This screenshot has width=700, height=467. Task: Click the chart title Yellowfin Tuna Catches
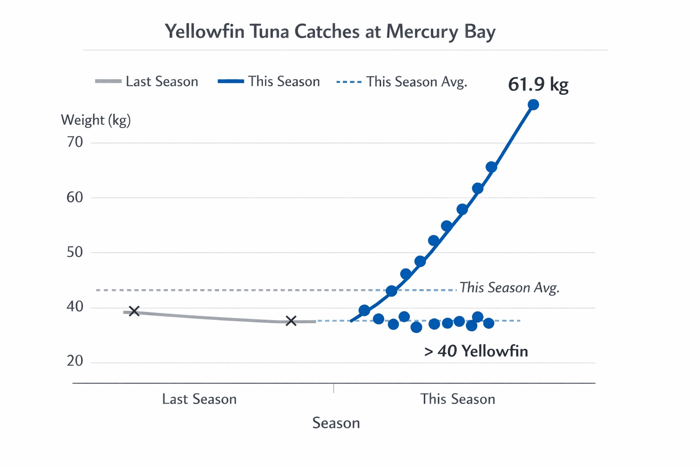pyautogui.click(x=330, y=32)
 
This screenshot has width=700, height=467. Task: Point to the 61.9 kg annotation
pyautogui.click(x=538, y=85)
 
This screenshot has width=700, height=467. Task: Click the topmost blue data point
pyautogui.click(x=533, y=105)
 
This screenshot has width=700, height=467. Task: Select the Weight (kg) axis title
pyautogui.click(x=96, y=120)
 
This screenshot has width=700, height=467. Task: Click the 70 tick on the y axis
pyautogui.click(x=75, y=142)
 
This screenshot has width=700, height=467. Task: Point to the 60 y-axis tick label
pyautogui.click(x=75, y=197)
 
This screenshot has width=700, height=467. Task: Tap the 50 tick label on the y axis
pyautogui.click(x=75, y=252)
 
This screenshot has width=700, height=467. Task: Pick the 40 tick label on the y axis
pyautogui.click(x=75, y=306)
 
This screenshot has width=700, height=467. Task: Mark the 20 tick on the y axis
pyautogui.click(x=75, y=361)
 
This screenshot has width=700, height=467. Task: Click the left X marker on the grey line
pyautogui.click(x=134, y=311)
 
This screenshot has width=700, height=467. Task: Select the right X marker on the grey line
pyautogui.click(x=291, y=321)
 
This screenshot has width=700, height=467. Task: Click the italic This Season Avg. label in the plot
pyautogui.click(x=509, y=288)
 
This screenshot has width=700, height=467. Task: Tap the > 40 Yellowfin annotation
pyautogui.click(x=476, y=351)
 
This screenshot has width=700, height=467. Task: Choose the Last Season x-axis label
pyautogui.click(x=199, y=399)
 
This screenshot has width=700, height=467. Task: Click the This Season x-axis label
pyautogui.click(x=458, y=399)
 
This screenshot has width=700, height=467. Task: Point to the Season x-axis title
pyautogui.click(x=336, y=423)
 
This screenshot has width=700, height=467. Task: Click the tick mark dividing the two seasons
pyautogui.click(x=334, y=388)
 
